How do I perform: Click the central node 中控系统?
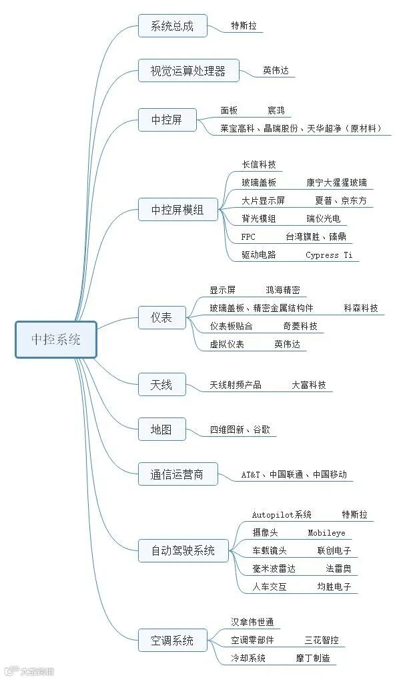click(x=56, y=339)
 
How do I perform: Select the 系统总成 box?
click(x=172, y=26)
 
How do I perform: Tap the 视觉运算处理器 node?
click(x=188, y=70)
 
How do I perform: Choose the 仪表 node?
click(x=161, y=317)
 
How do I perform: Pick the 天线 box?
click(x=161, y=384)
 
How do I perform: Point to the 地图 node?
click(x=161, y=430)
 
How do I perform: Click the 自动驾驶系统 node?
click(x=183, y=550)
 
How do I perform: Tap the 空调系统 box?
click(x=171, y=640)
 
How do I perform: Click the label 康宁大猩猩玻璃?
click(x=336, y=182)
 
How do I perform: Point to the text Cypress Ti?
click(x=329, y=254)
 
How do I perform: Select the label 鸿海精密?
click(x=283, y=290)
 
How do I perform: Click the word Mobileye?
click(x=326, y=533)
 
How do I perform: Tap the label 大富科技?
click(x=309, y=385)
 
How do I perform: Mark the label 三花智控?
click(x=322, y=640)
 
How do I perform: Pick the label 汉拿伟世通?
click(x=252, y=622)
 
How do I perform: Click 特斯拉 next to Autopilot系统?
click(x=354, y=515)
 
